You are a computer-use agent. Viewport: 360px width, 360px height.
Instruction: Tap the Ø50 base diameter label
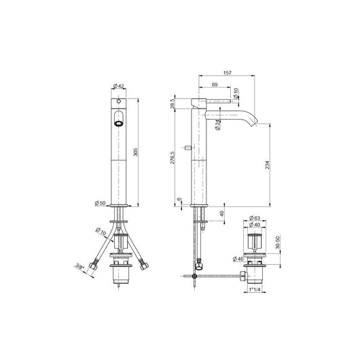coord(101,202)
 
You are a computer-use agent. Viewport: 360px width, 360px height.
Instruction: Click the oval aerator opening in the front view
coord(120,124)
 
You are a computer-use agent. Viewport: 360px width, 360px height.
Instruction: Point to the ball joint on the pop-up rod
coord(196,275)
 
